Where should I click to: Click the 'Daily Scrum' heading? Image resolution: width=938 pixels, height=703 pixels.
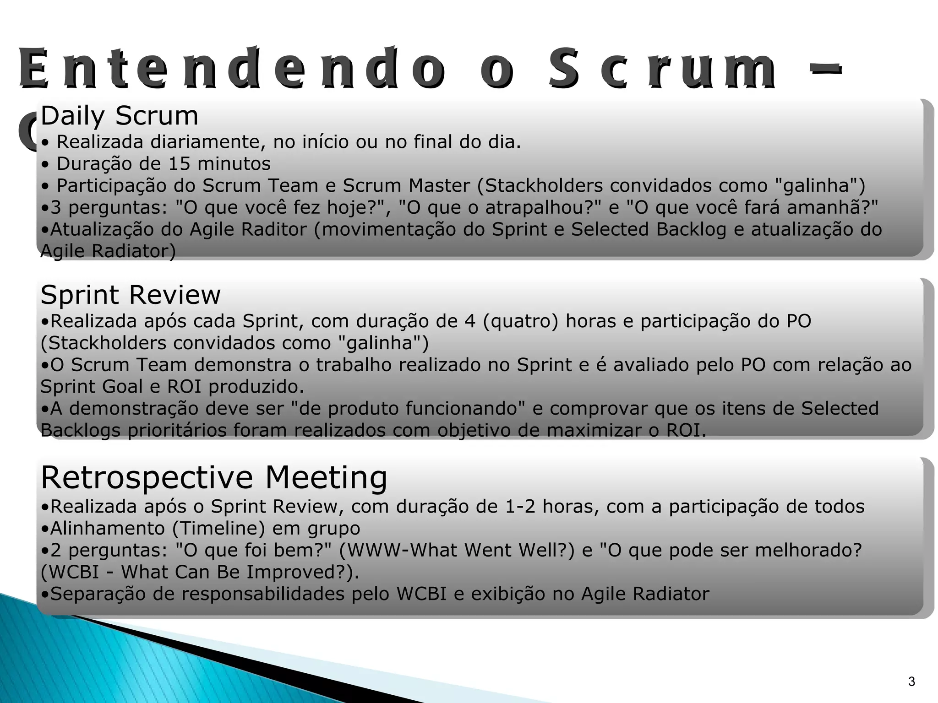click(119, 116)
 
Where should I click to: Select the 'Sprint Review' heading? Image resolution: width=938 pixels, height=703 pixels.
click(131, 295)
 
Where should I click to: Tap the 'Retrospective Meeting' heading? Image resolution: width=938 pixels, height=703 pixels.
click(214, 477)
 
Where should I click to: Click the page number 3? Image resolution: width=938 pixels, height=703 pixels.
click(911, 682)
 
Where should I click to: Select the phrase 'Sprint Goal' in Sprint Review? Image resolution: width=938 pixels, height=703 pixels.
click(92, 387)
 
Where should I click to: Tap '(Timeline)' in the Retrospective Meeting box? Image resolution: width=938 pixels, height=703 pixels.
click(219, 529)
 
